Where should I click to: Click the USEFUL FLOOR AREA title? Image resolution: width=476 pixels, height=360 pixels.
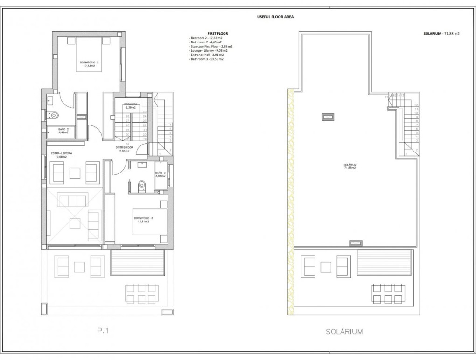click(275, 17)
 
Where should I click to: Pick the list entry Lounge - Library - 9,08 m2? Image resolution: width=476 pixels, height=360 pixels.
click(209, 51)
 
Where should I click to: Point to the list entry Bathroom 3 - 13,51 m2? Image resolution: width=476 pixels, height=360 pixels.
click(206, 59)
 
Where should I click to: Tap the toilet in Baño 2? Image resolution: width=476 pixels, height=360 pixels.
click(54, 115)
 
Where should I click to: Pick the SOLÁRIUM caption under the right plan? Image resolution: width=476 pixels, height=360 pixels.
click(344, 332)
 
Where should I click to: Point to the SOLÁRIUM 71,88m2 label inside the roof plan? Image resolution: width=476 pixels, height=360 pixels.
click(350, 166)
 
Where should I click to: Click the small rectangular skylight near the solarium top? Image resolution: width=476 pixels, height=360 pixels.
click(328, 117)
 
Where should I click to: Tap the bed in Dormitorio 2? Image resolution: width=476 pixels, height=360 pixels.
click(89, 55)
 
